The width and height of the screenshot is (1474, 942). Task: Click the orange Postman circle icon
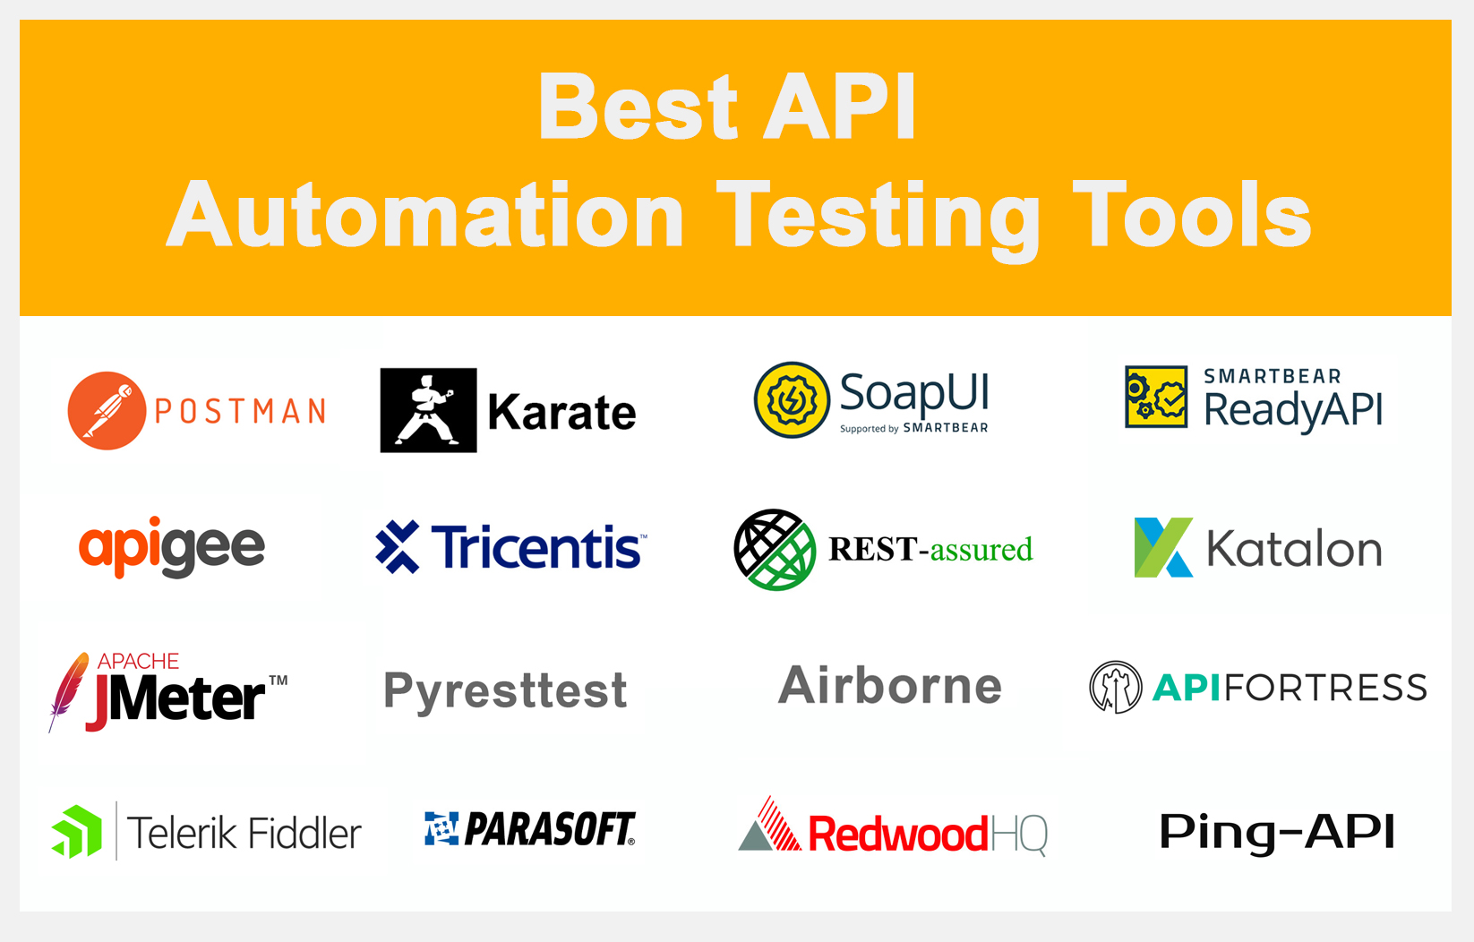[107, 410]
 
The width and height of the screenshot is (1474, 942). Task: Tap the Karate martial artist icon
[428, 410]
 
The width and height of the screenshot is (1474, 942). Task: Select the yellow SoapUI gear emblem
[792, 400]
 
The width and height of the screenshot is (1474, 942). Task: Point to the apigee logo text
[172, 547]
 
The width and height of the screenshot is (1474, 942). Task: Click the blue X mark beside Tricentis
[398, 546]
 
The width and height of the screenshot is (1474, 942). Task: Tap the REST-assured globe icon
[775, 550]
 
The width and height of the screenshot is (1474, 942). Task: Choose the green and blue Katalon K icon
[1162, 547]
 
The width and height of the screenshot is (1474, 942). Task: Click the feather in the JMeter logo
[68, 689]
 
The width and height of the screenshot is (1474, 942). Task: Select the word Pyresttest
[505, 690]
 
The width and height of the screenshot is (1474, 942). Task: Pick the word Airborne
[889, 686]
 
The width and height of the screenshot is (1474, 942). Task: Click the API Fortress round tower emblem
[1115, 687]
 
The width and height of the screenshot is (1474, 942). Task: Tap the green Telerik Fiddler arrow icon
[77, 832]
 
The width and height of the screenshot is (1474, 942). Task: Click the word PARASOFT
[549, 829]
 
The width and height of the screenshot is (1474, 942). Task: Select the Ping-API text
[1277, 832]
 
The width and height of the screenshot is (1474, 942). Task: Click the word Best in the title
[638, 107]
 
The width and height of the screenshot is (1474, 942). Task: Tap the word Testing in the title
[878, 216]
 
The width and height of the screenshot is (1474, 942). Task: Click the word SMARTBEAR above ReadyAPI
[1272, 376]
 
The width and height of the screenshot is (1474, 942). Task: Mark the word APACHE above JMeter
[138, 661]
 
